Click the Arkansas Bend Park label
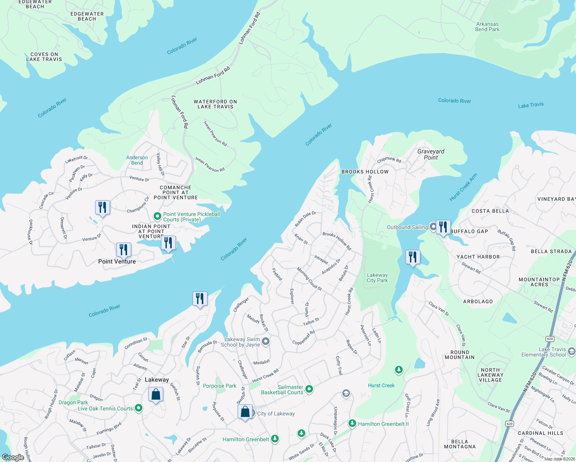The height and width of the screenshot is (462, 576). point(487,27)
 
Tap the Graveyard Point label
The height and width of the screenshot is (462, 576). point(430,154)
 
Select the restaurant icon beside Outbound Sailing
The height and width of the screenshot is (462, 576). point(443,227)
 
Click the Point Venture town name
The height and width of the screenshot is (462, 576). point(117,261)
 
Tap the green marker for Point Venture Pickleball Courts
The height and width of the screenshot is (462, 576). point(157,216)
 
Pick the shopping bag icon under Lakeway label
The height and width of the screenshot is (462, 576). point(156,395)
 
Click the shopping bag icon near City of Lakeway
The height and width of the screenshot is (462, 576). point(245,412)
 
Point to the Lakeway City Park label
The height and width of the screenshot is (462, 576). point(377,278)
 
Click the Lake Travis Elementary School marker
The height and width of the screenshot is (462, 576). point(571,351)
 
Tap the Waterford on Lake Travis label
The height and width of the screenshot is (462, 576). point(215,104)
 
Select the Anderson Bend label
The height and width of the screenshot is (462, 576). point(137,160)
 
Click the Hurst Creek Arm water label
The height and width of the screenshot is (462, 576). point(463,187)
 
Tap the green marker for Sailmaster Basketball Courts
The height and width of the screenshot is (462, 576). point(309,390)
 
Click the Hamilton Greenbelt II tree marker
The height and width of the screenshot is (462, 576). point(352,423)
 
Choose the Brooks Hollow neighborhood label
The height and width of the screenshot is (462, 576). point(365,172)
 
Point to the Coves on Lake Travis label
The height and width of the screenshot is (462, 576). point(44,57)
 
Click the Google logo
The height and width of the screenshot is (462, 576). point(13,457)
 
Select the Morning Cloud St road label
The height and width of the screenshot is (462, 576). point(309,279)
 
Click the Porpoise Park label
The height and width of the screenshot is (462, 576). point(219,386)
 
